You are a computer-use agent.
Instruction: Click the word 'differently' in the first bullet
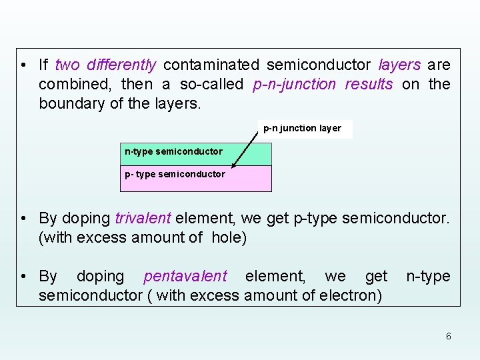pyautogui.click(x=121, y=65)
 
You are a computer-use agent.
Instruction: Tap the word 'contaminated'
pyautogui.click(x=211, y=65)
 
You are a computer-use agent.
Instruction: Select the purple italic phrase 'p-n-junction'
pyautogui.click(x=295, y=85)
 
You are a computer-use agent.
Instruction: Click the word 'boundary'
pyautogui.click(x=69, y=104)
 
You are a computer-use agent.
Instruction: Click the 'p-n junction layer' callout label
pyautogui.click(x=302, y=129)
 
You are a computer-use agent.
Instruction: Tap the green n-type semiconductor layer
pyautogui.click(x=195, y=154)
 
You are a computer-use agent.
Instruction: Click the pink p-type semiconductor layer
pyautogui.click(x=195, y=179)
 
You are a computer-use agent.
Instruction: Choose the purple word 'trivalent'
pyautogui.click(x=143, y=218)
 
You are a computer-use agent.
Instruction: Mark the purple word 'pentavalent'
pyautogui.click(x=185, y=276)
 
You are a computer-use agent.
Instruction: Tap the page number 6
pyautogui.click(x=448, y=336)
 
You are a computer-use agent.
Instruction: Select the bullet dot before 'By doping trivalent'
pyautogui.click(x=24, y=218)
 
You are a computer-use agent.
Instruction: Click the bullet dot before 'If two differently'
pyautogui.click(x=24, y=65)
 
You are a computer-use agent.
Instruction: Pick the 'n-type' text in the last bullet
pyautogui.click(x=428, y=276)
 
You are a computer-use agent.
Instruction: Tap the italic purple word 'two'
pyautogui.click(x=67, y=65)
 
